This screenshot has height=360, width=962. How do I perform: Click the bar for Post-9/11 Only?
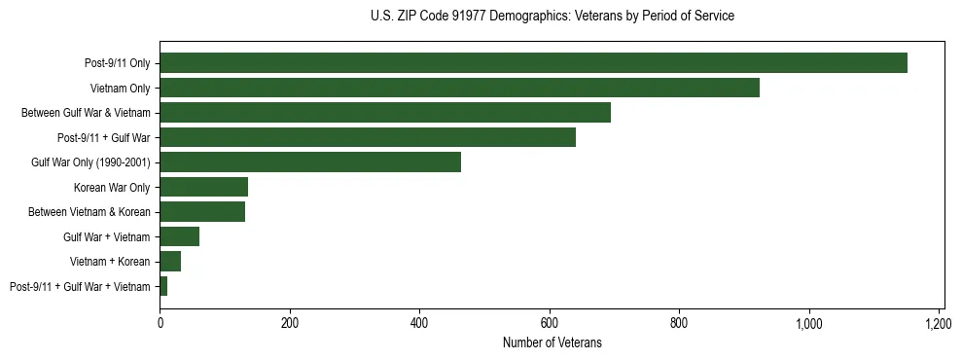[533, 63]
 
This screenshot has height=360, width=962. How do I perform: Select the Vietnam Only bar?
[459, 88]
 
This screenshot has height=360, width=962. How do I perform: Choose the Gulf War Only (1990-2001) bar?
[310, 162]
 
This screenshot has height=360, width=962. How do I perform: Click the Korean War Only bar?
[204, 187]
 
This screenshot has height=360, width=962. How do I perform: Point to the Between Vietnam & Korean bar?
[202, 212]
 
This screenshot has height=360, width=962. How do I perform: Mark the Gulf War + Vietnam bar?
[180, 236]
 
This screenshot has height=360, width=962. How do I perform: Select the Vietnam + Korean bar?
[170, 262]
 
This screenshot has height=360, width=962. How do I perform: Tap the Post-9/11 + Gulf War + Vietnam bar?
[163, 286]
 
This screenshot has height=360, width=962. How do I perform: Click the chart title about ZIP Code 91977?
[552, 16]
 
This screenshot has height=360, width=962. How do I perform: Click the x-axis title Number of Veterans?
[552, 342]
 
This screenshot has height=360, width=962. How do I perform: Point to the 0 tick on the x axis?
[160, 322]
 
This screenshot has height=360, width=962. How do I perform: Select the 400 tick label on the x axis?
[419, 322]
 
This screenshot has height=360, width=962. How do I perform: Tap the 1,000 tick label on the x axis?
[809, 322]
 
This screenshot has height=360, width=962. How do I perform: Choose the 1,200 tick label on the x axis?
[939, 322]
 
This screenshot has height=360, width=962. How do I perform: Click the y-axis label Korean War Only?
[112, 187]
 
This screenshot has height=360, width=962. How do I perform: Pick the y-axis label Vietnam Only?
[120, 88]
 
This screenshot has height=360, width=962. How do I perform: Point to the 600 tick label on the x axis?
[550, 322]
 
